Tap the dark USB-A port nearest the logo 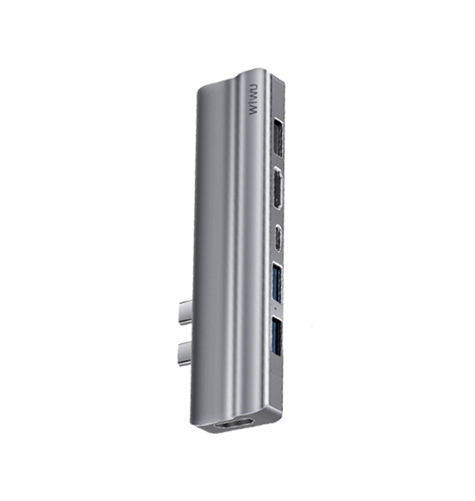click(x=278, y=137)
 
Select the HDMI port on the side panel click(x=278, y=189)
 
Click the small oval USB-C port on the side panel click(x=278, y=238)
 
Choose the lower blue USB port click(x=277, y=336)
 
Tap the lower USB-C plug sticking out click(x=185, y=354)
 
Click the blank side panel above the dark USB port click(x=277, y=97)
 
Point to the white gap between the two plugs click(x=185, y=333)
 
